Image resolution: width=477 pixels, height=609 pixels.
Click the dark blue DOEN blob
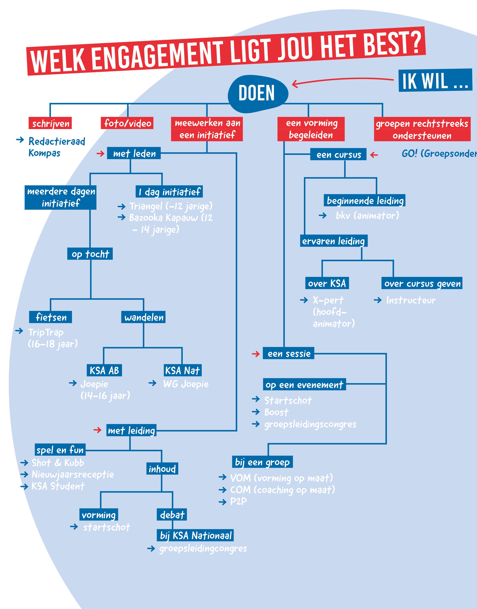pyautogui.click(x=257, y=93)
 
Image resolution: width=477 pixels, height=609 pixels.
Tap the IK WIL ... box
pyautogui.click(x=435, y=81)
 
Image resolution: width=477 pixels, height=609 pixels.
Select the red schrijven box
pyautogui.click(x=50, y=123)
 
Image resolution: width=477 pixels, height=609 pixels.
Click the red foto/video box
pyautogui.click(x=127, y=123)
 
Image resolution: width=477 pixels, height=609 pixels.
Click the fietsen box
pyautogui.click(x=51, y=317)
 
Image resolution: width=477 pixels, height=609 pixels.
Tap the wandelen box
pyautogui.click(x=143, y=317)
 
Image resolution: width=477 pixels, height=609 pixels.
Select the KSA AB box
pyautogui.click(x=104, y=370)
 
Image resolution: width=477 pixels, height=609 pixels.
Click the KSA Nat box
pyautogui.click(x=182, y=370)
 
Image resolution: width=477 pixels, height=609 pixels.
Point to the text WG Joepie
pyautogui.click(x=186, y=384)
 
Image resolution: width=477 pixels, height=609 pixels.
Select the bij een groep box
pyautogui.click(x=262, y=462)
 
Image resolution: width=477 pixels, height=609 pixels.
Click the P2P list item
pyautogui.click(x=238, y=502)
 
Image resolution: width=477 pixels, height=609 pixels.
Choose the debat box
pyautogui.click(x=172, y=515)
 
